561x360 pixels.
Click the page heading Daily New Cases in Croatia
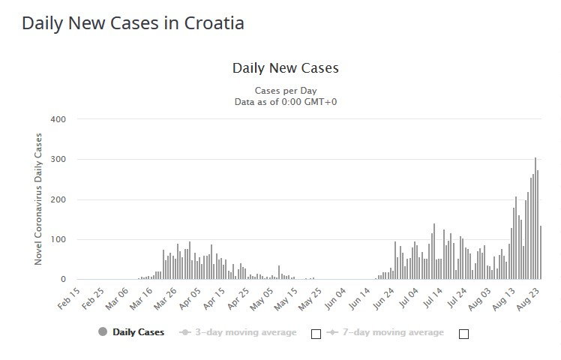pyautogui.click(x=133, y=23)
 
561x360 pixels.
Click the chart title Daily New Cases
pyautogui.click(x=285, y=68)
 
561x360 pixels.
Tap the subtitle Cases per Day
pyautogui.click(x=285, y=91)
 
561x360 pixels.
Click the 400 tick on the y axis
pyautogui.click(x=58, y=119)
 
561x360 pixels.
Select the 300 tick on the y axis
pyautogui.click(x=58, y=160)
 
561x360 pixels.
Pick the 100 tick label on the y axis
pyautogui.click(x=58, y=240)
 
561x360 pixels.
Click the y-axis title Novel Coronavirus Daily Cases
pyautogui.click(x=39, y=199)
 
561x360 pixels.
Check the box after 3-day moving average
pyautogui.click(x=316, y=334)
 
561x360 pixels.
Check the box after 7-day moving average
pyautogui.click(x=463, y=334)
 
